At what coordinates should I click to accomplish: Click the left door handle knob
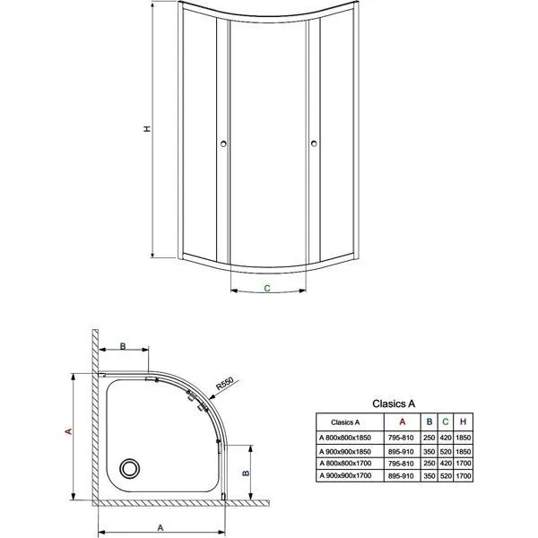pos(223,143)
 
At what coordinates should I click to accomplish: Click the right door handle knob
pos(314,143)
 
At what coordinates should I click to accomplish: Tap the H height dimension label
pos(147,129)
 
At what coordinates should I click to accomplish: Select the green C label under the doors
pos(267,288)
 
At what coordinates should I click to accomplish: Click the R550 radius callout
pos(225,384)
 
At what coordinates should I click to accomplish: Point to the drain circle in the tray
pos(129,468)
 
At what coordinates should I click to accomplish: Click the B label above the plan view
pos(123,346)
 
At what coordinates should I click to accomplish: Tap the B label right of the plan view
pos(246,473)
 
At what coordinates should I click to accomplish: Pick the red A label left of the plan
pos(69,431)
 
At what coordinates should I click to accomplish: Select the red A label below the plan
pos(161,528)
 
